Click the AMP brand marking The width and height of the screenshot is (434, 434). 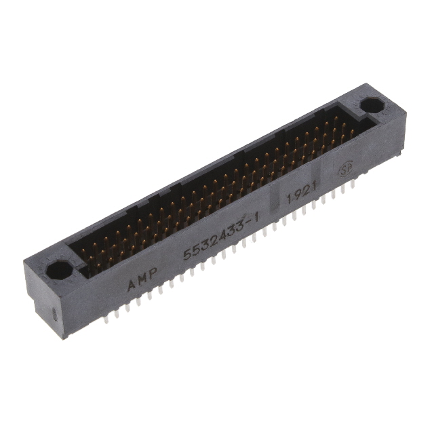(143, 278)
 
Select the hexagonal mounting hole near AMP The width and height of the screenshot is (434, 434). (59, 270)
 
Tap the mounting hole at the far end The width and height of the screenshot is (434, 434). (370, 106)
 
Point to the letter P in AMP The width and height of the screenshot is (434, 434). (154, 273)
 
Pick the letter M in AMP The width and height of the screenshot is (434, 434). (143, 278)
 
